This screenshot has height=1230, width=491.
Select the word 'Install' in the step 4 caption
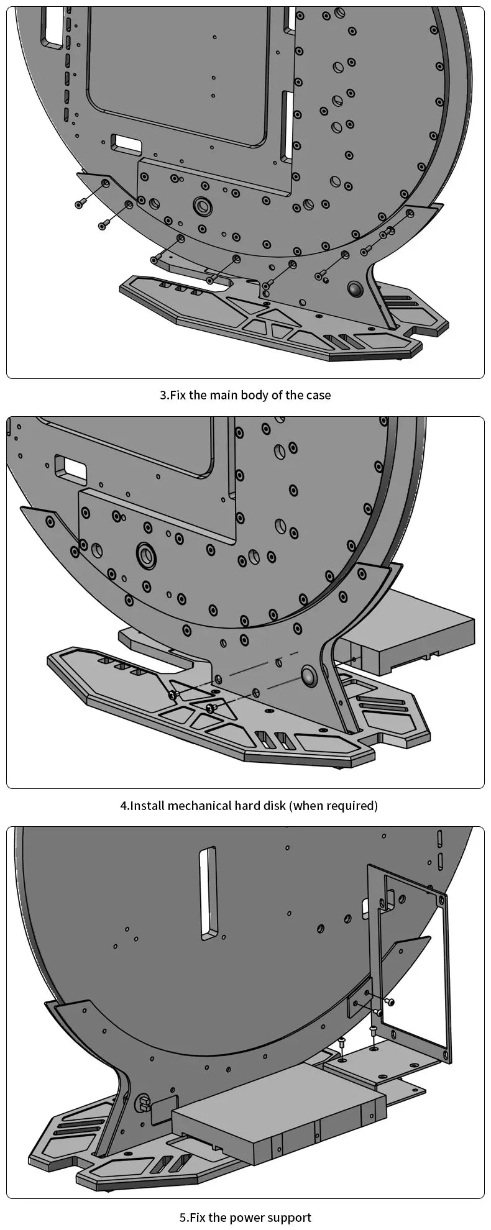147,806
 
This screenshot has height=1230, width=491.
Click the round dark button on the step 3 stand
356,289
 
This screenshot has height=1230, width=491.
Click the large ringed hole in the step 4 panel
147,552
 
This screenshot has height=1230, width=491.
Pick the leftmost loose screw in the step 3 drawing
80,204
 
